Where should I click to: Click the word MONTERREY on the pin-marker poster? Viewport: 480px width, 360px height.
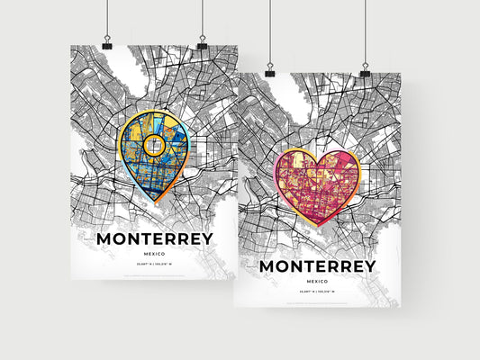coord(154,238)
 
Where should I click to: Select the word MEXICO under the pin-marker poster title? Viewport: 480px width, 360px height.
coord(154,256)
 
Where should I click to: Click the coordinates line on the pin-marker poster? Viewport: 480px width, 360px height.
coord(154,266)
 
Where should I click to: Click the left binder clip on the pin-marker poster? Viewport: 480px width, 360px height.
coord(107,43)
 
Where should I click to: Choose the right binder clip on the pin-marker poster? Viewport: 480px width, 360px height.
coord(202,43)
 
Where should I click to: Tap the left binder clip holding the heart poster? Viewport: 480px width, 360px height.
coord(269,69)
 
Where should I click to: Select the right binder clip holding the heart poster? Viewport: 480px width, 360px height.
coord(365,69)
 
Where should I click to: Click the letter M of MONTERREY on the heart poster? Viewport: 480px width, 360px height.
coord(268,266)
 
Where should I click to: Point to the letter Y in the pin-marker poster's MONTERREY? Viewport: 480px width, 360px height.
coord(207,238)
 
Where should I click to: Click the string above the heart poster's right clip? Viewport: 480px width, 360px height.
coord(365,31)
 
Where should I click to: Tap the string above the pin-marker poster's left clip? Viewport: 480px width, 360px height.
coord(107,18)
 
